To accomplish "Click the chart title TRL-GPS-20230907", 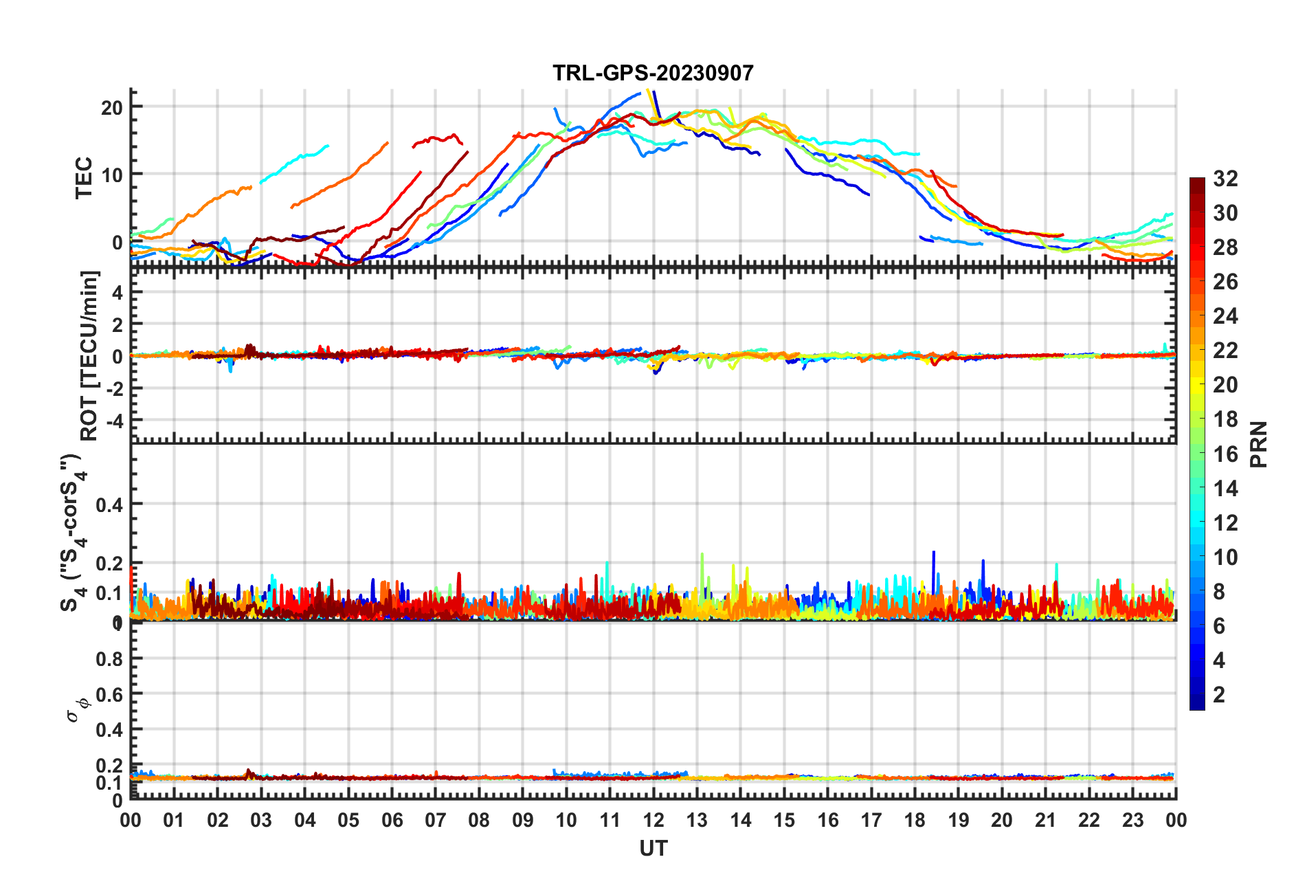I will pos(653,73).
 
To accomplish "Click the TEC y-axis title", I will pos(84,177).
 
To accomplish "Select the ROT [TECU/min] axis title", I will pos(89,355).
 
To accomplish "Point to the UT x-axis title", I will pos(653,849).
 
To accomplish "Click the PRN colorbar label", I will pos(1259,444).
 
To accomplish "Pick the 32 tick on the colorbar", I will pos(1225,179).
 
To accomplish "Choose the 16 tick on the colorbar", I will pos(1225,454).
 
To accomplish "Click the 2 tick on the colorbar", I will pos(1219,694).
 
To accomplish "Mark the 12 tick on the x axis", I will pos(653,820).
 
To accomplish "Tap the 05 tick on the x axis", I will pos(348,820).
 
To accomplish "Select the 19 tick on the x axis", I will pos(959,820).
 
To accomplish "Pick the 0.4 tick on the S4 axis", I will pos(109,504).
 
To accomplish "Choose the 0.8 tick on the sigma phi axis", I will pos(109,658).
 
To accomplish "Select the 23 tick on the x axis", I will pos(1133,820).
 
